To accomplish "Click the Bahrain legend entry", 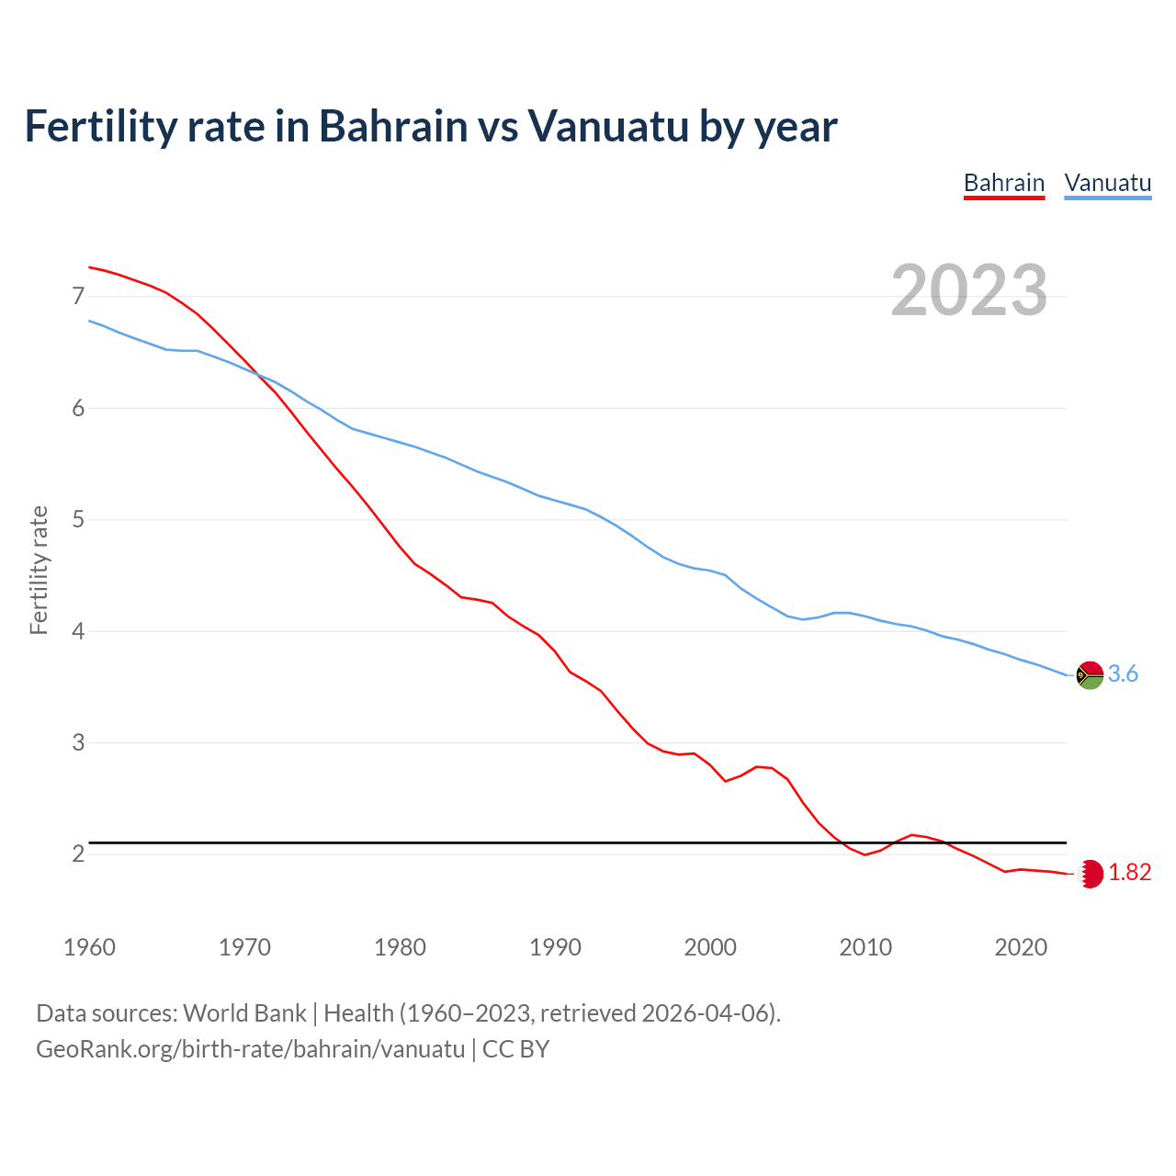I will point(1003,183).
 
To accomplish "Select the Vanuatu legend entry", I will point(1107,183).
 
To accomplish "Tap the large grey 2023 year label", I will point(968,290).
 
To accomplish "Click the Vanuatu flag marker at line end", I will point(1090,674).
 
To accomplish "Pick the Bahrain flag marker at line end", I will point(1090,873).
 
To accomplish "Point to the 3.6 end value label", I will point(1123,674).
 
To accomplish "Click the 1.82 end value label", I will point(1129,873).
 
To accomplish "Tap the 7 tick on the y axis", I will point(78,296).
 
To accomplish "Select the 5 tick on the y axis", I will point(78,520).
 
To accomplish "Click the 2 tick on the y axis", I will point(78,854).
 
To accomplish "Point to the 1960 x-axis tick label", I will point(89,947).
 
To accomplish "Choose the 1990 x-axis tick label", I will point(555,947).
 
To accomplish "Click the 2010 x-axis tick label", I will point(865,947).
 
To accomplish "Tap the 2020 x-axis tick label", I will point(1021,947).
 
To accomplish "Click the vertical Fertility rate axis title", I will point(39,570).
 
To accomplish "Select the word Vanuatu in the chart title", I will point(607,126).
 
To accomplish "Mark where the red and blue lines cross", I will point(257,374).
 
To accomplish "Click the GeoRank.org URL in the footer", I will point(250,1049).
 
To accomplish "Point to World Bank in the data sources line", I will point(244,1013).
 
